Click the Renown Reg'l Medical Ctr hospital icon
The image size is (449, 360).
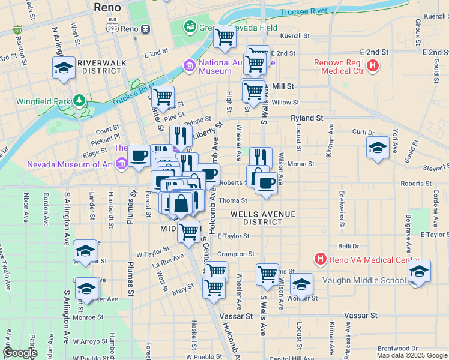(373, 65)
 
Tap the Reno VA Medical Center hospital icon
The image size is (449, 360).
(321, 259)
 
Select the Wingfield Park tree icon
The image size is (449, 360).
(78, 100)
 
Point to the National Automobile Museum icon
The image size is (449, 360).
(190, 65)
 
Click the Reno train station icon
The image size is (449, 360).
(145, 29)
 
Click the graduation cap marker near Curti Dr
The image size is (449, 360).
(378, 148)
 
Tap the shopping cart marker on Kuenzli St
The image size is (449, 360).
(224, 37)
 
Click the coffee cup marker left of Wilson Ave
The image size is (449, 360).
(266, 182)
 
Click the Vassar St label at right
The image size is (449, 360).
(360, 315)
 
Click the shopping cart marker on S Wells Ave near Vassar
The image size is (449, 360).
(267, 274)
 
